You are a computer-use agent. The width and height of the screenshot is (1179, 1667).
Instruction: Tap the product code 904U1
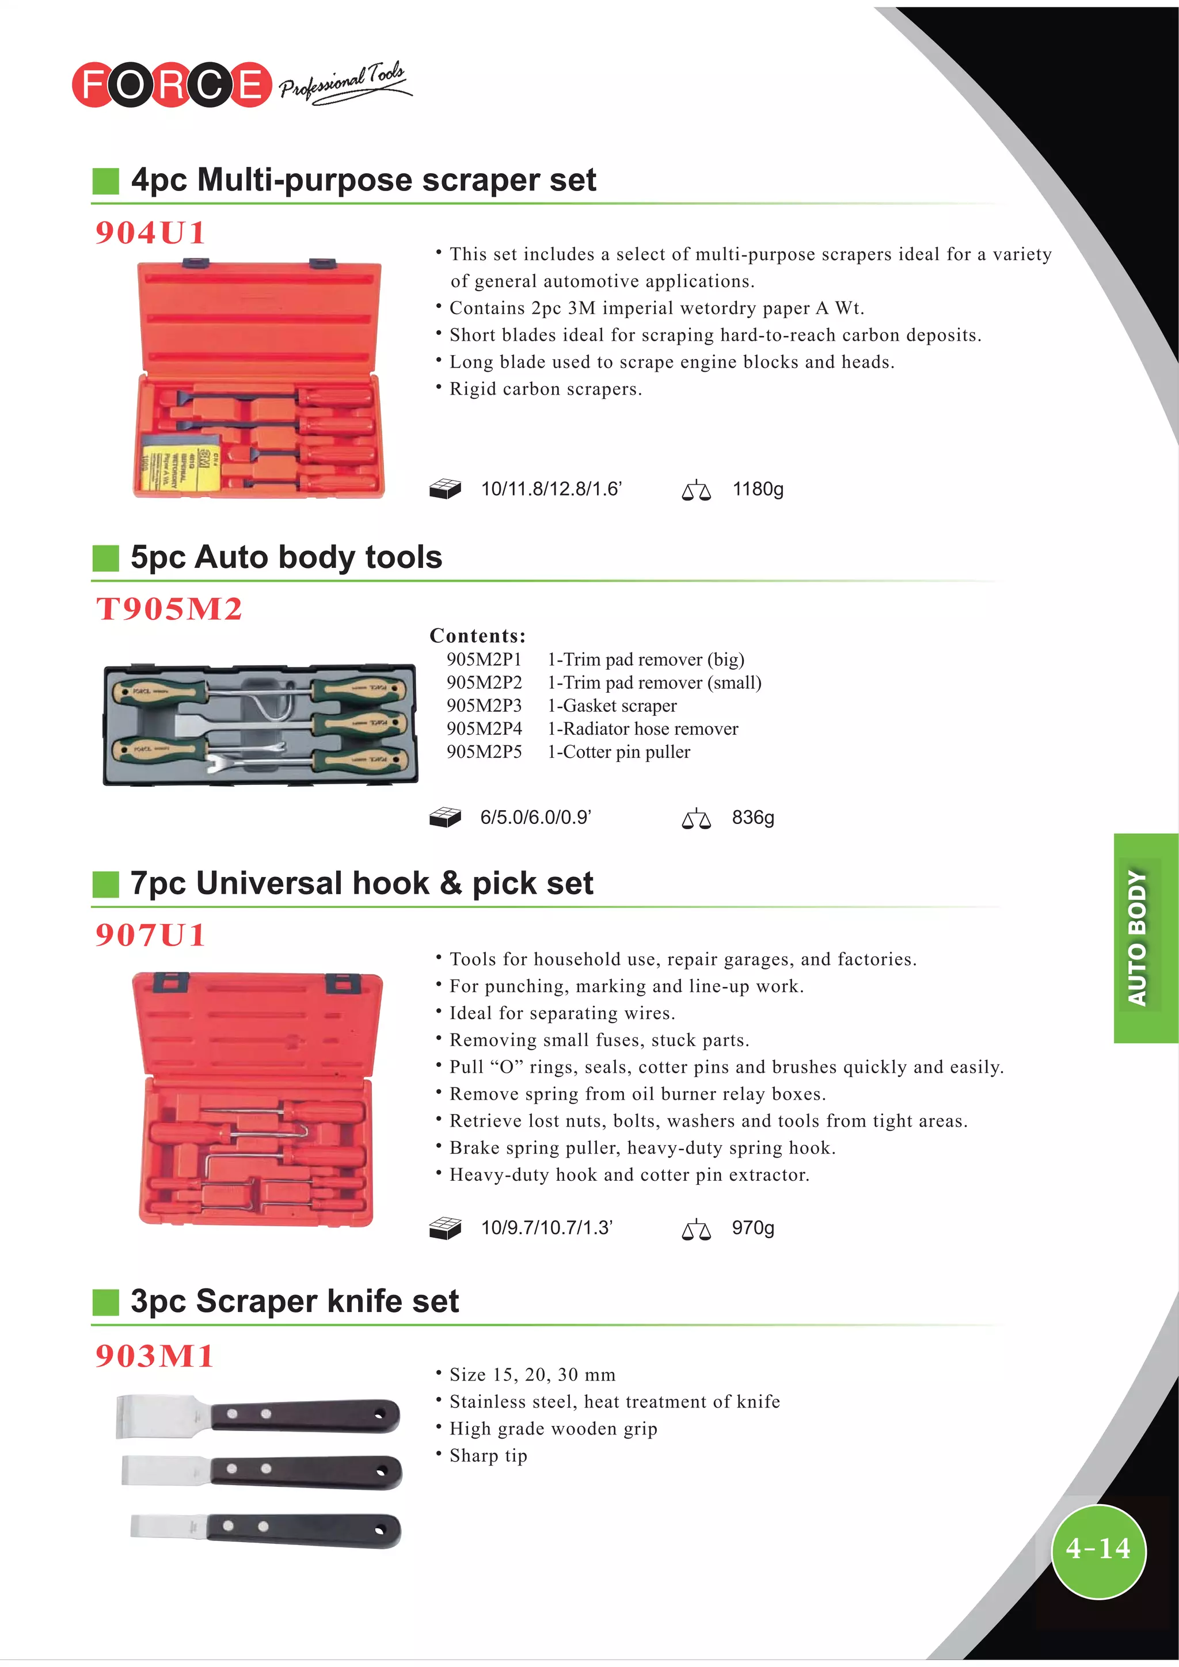[x=150, y=233]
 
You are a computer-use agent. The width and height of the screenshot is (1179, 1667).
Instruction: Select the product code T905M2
[x=169, y=608]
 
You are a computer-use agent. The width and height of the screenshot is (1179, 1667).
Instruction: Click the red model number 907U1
[x=150, y=934]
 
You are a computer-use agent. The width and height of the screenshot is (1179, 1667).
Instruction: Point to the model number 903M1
[x=155, y=1356]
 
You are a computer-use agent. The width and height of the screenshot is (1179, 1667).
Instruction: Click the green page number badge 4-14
[x=1098, y=1550]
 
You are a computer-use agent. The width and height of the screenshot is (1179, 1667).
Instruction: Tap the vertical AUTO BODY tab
[x=1138, y=938]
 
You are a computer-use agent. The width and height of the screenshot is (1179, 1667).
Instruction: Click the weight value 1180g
[x=758, y=489]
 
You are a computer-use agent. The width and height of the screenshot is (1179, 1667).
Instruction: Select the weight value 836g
[x=752, y=818]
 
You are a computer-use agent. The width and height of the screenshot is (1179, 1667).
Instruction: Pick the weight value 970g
[x=752, y=1228]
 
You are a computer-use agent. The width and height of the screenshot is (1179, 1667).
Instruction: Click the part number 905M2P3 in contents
[x=484, y=705]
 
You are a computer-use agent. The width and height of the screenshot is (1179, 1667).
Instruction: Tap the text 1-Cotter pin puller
[x=619, y=752]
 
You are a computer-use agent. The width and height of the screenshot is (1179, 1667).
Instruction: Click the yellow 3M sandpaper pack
[x=178, y=464]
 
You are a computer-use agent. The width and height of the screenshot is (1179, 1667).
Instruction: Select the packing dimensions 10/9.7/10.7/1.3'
[x=547, y=1228]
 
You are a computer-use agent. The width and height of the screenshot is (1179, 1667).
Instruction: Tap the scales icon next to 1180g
[x=696, y=491]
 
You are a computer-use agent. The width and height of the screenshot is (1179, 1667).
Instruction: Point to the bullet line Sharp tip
[x=488, y=1456]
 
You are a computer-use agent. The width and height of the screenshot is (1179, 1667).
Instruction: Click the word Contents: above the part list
[x=477, y=636]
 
